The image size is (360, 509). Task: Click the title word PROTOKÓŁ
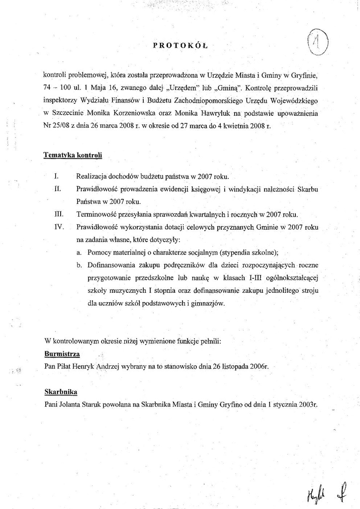pyautogui.click(x=180, y=46)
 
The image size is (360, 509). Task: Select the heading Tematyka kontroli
pyautogui.click(x=73, y=155)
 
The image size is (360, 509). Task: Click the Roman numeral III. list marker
pyautogui.click(x=58, y=215)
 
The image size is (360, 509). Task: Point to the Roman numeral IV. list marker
pyautogui.click(x=59, y=227)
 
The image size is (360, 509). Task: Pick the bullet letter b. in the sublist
pyautogui.click(x=80, y=265)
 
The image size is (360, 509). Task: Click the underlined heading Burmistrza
pyautogui.click(x=62, y=354)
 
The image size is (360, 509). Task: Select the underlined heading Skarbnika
pyautogui.click(x=61, y=392)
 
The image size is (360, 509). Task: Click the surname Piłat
pyautogui.click(x=69, y=366)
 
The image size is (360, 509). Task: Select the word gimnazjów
pyautogui.click(x=207, y=303)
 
